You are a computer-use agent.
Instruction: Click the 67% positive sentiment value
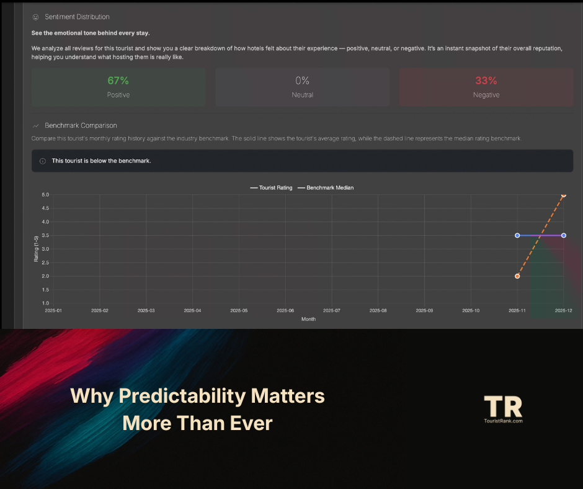click(x=118, y=81)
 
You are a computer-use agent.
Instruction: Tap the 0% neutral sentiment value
click(x=302, y=81)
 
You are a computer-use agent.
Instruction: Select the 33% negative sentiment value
click(x=486, y=81)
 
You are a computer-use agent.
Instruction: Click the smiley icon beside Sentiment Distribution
click(x=35, y=17)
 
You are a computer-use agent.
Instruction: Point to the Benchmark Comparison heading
click(x=81, y=125)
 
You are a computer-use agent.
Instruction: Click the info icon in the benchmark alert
click(x=42, y=161)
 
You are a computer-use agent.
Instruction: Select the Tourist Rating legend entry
click(x=270, y=187)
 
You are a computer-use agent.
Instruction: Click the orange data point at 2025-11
click(x=517, y=276)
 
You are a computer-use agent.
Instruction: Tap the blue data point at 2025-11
click(x=517, y=235)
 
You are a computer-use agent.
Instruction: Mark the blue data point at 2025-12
click(x=564, y=235)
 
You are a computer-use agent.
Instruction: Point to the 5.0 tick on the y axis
click(x=45, y=195)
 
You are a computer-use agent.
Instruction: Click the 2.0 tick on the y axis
click(x=45, y=276)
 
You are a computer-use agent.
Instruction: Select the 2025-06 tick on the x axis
click(x=285, y=310)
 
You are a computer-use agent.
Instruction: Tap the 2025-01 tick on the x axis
click(x=53, y=310)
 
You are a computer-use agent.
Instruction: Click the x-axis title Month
click(x=308, y=319)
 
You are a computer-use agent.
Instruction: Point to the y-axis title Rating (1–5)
click(x=35, y=248)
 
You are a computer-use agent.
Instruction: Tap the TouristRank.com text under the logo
click(x=503, y=421)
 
